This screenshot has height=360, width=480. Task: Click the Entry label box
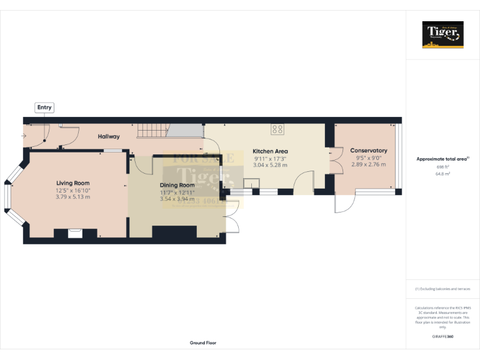[x=44, y=107]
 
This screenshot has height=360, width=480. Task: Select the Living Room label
[x=72, y=183]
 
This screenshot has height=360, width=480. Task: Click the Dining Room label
[x=177, y=186]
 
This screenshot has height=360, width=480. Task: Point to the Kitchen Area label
[x=270, y=151]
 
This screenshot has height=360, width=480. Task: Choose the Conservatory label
[x=368, y=151]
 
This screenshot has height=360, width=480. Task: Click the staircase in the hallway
[x=153, y=131]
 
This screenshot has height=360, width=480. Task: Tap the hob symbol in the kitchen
[x=277, y=130]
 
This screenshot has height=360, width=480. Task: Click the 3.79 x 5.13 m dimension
[x=72, y=197]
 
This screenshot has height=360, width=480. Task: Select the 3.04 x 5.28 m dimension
[x=270, y=165]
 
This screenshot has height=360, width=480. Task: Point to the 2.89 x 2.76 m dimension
[x=368, y=164]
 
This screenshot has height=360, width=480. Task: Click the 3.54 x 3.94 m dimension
[x=177, y=199]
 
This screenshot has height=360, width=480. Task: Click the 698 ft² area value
[x=442, y=167]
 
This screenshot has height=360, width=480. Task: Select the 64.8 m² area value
[x=442, y=174]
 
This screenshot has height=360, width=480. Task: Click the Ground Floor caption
[x=203, y=343]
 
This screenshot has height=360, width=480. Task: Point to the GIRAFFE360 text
[x=442, y=337]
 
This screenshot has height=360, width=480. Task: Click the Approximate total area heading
[x=442, y=159]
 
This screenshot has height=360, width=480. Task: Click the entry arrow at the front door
[x=24, y=135]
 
